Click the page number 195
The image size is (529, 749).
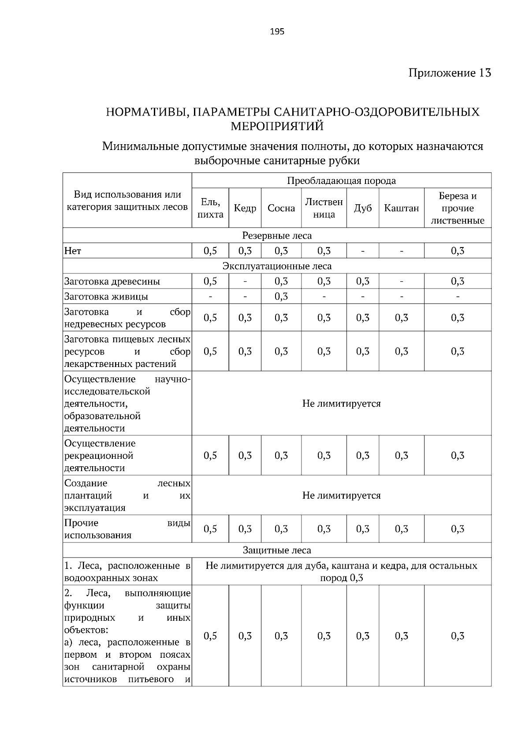pyautogui.click(x=277, y=32)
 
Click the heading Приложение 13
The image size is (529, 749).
pyautogui.click(x=449, y=73)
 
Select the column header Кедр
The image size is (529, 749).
pyautogui.click(x=245, y=208)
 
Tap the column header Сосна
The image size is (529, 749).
pyautogui.click(x=281, y=208)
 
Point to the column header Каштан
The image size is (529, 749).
pyautogui.click(x=401, y=208)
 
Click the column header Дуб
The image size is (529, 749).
pyautogui.click(x=362, y=208)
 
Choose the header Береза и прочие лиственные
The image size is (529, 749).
pyautogui.click(x=458, y=208)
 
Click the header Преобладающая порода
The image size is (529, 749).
pyautogui.click(x=341, y=181)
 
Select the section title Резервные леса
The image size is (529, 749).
pyautogui.click(x=277, y=236)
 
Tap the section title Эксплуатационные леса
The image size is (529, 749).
pyautogui.click(x=277, y=266)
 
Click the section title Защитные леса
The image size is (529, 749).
pyautogui.click(x=277, y=550)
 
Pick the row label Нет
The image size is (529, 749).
pyautogui.click(x=73, y=251)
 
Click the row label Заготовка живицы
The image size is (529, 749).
pyautogui.click(x=106, y=296)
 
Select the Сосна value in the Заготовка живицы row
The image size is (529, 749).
pyautogui.click(x=281, y=296)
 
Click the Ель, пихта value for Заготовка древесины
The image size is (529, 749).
pyautogui.click(x=210, y=281)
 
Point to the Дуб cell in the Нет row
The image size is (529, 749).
pyautogui.click(x=362, y=251)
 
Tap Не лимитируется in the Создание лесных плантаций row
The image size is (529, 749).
pyautogui.click(x=341, y=495)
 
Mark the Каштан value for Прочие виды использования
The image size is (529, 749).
pyautogui.click(x=401, y=529)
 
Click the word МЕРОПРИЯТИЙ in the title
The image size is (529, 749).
pyautogui.click(x=277, y=127)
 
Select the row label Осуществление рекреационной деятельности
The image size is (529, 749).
pyautogui.click(x=100, y=455)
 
